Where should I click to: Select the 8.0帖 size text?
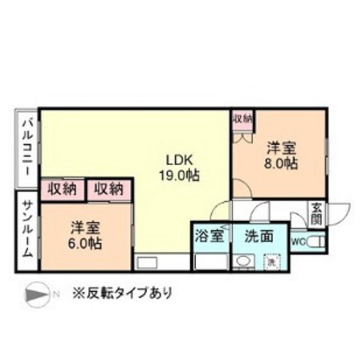tap(282, 163)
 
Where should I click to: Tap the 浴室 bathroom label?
tap(210, 235)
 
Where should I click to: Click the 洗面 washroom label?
tap(256, 235)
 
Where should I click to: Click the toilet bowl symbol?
tap(316, 242)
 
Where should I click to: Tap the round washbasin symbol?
tap(243, 262)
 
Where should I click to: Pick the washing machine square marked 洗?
tap(271, 262)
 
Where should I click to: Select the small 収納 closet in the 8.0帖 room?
tap(242, 119)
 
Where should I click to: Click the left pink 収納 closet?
tap(62, 189)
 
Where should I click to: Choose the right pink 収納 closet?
tap(109, 189)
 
